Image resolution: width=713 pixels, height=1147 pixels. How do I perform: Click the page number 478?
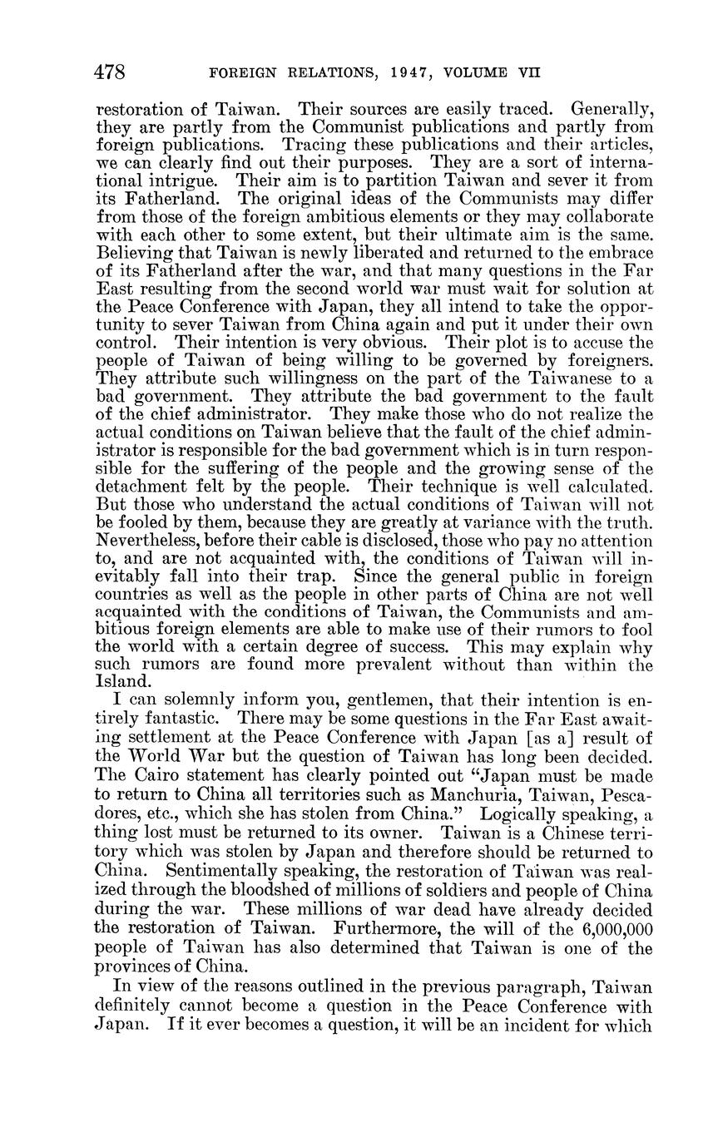[111, 72]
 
